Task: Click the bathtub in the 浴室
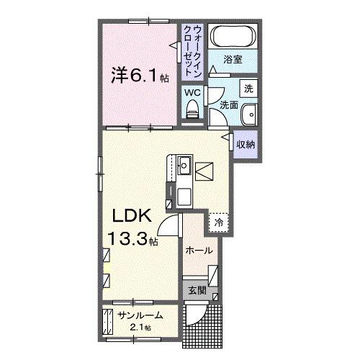pos(233,37)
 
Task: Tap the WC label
pos(192,93)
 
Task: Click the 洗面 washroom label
pos(229,105)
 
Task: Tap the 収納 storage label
pos(246,145)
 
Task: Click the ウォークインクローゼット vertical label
pos(192,50)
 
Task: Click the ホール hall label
pos(199,251)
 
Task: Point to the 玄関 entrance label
pos(197,292)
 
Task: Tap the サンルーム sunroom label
pos(140,315)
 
